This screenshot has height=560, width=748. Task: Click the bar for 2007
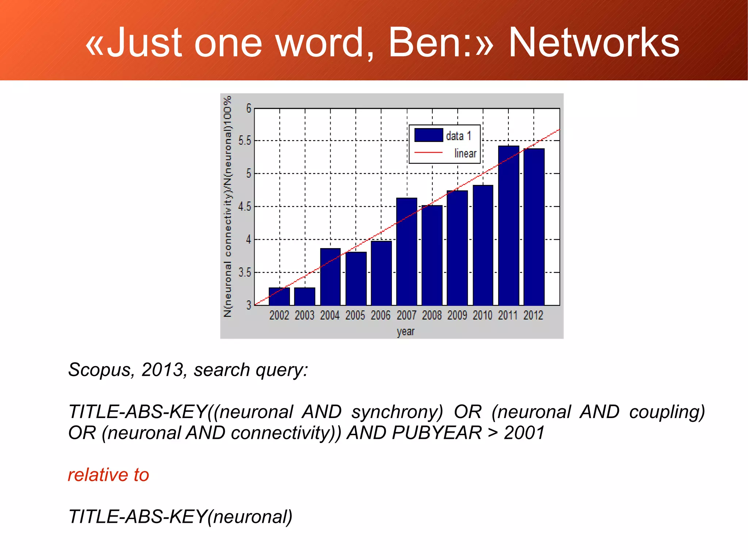[407, 251]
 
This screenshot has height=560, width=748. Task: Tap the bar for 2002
[279, 296]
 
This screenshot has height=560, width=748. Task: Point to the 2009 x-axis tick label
[457, 315]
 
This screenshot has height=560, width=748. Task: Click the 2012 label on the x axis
[533, 315]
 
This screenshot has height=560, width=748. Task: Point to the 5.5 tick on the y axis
[245, 140]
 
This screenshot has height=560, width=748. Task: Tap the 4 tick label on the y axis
[248, 240]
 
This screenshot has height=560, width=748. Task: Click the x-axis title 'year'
[406, 332]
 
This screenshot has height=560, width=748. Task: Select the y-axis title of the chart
[228, 206]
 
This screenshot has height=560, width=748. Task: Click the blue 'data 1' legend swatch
[429, 135]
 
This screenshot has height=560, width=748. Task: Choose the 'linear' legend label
[465, 153]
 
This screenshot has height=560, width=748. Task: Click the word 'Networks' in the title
[594, 43]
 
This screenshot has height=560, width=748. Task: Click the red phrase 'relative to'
[108, 475]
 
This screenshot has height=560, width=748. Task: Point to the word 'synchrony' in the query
[397, 412]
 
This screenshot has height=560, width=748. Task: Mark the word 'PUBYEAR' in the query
[436, 433]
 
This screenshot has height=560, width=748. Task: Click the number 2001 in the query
[524, 433]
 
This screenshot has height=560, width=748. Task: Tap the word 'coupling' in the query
[667, 412]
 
